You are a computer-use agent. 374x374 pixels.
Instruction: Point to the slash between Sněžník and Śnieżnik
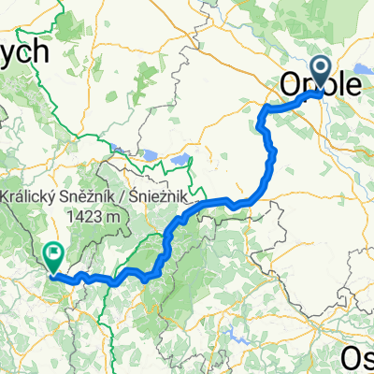click(x=128, y=197)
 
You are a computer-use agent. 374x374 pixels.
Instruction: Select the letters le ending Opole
click(x=351, y=84)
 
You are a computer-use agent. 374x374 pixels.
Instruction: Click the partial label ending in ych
click(x=23, y=51)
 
